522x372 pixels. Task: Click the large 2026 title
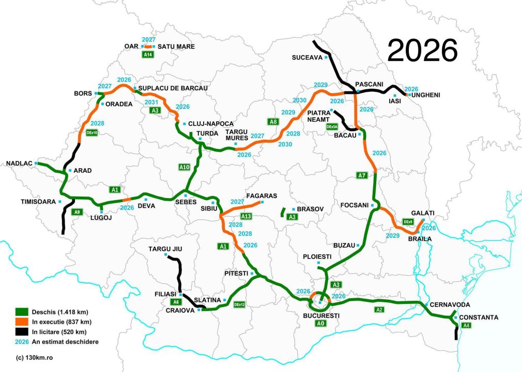(x=422, y=50)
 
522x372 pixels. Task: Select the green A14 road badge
(x=148, y=54)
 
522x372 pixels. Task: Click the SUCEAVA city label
(x=306, y=57)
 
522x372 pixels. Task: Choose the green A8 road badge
(x=273, y=122)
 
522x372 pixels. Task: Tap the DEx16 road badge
(x=93, y=133)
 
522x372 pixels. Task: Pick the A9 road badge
(x=77, y=212)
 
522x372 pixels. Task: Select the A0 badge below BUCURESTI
(x=321, y=324)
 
